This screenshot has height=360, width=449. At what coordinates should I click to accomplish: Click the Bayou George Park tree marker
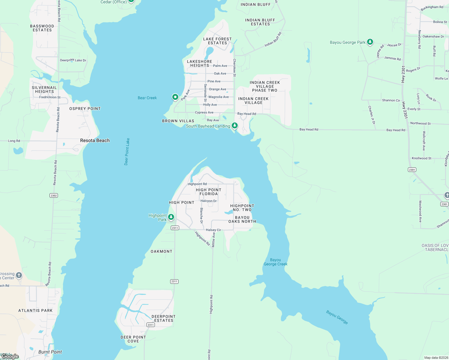(x=370, y=42)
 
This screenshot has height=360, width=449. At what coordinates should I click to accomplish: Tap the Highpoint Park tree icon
(x=171, y=217)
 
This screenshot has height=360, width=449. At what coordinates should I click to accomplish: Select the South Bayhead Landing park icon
(x=235, y=125)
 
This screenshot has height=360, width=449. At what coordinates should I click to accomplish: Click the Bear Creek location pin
(x=175, y=97)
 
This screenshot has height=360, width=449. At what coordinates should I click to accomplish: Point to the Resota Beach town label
(x=95, y=140)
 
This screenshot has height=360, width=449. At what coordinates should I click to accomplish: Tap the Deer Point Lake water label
(x=127, y=151)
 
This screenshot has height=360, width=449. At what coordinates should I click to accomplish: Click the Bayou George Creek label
(x=276, y=262)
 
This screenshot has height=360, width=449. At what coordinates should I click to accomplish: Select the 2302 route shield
(x=54, y=196)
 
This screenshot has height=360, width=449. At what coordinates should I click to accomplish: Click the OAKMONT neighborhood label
(x=161, y=251)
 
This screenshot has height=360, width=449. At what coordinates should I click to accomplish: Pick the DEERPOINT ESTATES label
(x=164, y=318)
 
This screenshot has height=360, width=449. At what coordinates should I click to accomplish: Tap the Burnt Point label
(x=50, y=352)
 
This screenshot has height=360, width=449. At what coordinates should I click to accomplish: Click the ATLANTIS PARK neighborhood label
(x=35, y=310)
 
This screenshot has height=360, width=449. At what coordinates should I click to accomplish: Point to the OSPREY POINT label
(x=85, y=109)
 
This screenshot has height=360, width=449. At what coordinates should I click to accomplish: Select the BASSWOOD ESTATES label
(x=42, y=28)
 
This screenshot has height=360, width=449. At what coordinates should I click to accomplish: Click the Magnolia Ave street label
(x=218, y=97)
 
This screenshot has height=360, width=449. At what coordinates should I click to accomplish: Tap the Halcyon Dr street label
(x=209, y=201)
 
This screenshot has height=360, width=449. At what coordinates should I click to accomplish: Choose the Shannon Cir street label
(x=391, y=100)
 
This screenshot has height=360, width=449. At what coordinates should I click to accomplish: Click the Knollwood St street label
(x=421, y=158)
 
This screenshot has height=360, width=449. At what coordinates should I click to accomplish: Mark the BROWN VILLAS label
(x=178, y=121)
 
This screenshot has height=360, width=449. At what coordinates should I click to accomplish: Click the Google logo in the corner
(x=10, y=356)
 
